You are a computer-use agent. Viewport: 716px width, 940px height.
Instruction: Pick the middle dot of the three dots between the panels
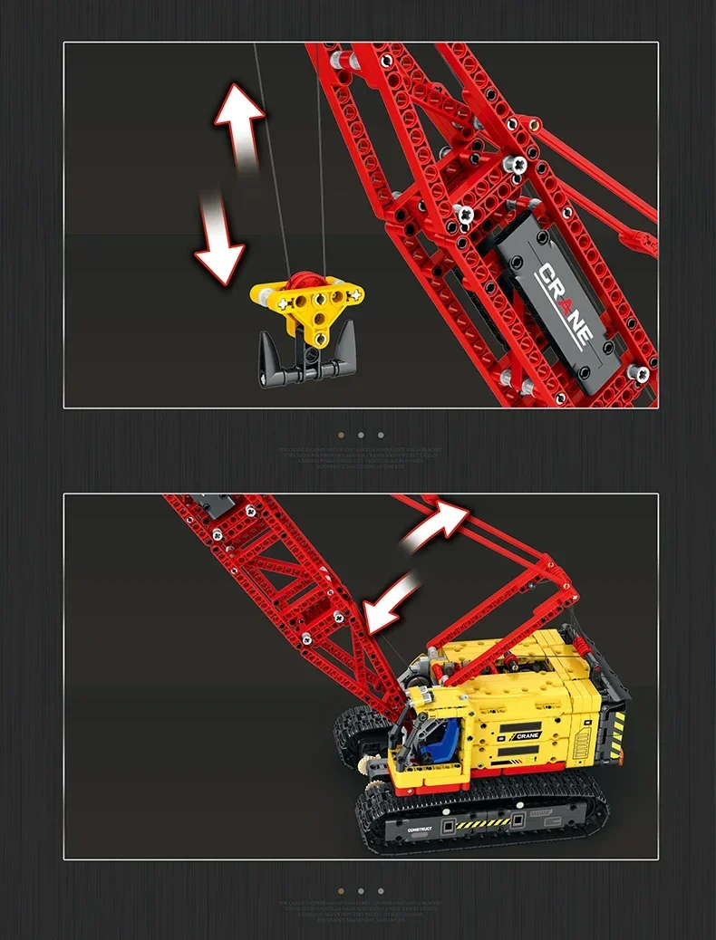[361, 436]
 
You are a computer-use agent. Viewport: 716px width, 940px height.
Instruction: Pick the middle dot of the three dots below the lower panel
[361, 891]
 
